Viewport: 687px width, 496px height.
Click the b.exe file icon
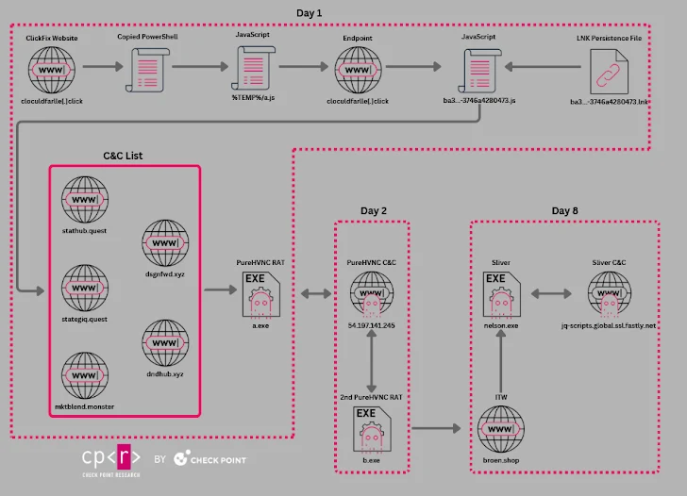[371, 430]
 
